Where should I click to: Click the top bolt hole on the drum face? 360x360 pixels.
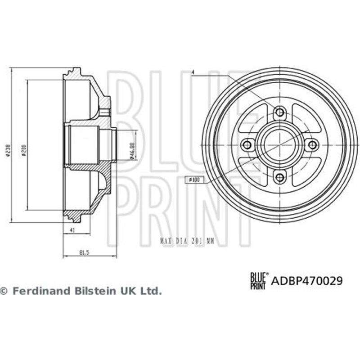[279, 112]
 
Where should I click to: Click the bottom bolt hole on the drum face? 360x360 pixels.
[279, 177]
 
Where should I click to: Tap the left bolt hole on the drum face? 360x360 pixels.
[247, 144]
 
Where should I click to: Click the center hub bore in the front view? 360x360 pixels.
[279, 144]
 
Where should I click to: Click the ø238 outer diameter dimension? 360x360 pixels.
[7, 153]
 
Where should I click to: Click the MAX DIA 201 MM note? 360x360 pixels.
[186, 241]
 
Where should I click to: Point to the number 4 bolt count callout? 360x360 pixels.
[192, 72]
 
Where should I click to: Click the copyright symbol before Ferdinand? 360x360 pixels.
[4, 291]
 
